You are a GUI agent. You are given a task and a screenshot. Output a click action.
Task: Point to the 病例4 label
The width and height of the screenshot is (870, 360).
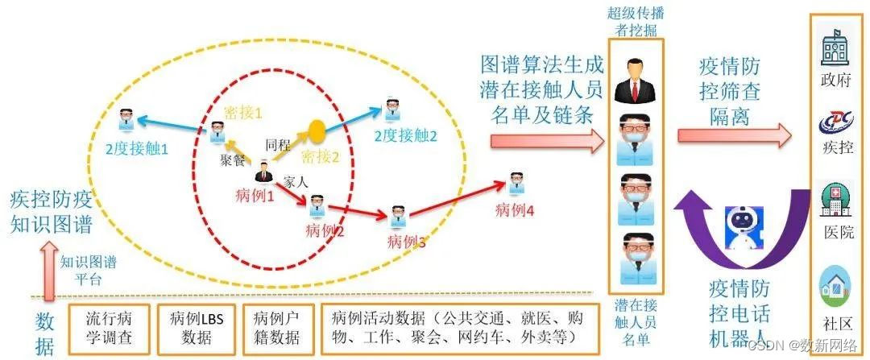(x=515, y=211)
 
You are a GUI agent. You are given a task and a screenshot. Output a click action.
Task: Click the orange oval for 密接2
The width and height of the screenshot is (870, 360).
(x=317, y=129)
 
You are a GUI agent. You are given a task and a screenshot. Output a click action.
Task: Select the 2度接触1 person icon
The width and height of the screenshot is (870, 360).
(x=125, y=119)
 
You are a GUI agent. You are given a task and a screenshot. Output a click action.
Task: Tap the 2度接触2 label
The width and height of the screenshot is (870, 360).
(x=405, y=136)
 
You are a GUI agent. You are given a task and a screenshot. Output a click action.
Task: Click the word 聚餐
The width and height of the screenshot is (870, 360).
(x=232, y=159)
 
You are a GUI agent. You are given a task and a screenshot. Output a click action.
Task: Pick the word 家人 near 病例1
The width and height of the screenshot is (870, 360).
(x=296, y=183)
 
